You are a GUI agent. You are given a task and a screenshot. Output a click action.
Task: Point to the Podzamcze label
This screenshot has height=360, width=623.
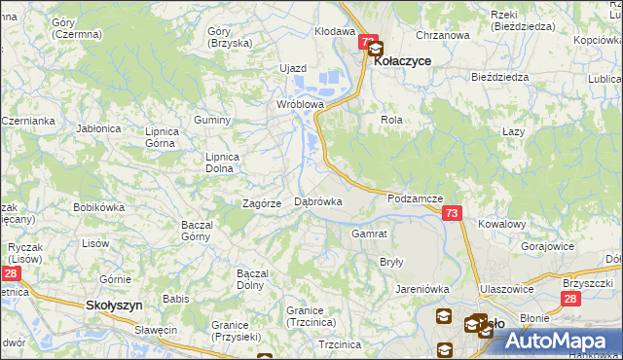[x=415, y=198]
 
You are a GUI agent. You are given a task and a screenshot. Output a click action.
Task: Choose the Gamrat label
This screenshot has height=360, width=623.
[x=370, y=234]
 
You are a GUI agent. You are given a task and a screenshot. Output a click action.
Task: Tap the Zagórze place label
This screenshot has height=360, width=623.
[x=262, y=203]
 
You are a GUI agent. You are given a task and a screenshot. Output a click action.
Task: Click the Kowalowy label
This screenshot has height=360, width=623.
[x=502, y=224]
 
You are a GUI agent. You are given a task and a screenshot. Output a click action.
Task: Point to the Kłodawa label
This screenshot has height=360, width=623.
[x=334, y=31]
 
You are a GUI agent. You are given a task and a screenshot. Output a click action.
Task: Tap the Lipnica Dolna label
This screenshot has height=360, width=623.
[x=219, y=162]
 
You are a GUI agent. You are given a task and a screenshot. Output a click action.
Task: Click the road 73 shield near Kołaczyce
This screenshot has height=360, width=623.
[x=368, y=43]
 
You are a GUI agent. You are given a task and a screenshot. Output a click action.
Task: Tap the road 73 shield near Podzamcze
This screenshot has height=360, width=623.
[x=451, y=213]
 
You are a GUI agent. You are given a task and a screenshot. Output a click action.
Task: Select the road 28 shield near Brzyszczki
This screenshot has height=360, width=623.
[x=571, y=300]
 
